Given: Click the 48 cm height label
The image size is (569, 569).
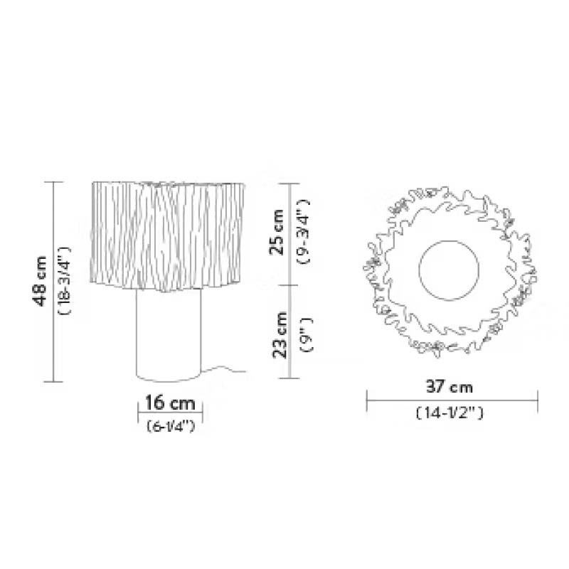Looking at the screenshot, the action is click(x=40, y=281).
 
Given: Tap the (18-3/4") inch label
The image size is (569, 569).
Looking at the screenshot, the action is click(x=65, y=280).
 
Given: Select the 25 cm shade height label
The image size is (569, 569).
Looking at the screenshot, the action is click(x=277, y=233).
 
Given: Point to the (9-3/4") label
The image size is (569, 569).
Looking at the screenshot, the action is click(x=303, y=231).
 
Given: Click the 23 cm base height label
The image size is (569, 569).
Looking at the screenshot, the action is click(x=280, y=335).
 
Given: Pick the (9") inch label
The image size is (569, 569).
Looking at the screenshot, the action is click(x=307, y=334).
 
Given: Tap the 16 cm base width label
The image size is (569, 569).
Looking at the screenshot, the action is click(x=170, y=403).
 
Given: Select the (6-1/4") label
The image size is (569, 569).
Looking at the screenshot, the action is click(x=171, y=426).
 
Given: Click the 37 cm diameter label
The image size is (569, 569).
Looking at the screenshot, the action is click(x=450, y=387).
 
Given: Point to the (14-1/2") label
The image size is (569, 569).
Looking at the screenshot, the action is click(x=450, y=413).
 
